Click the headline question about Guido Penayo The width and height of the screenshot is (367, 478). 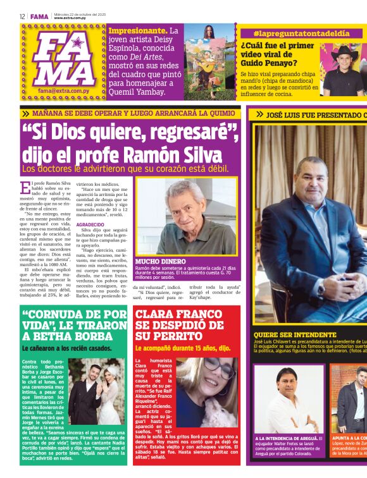278,54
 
